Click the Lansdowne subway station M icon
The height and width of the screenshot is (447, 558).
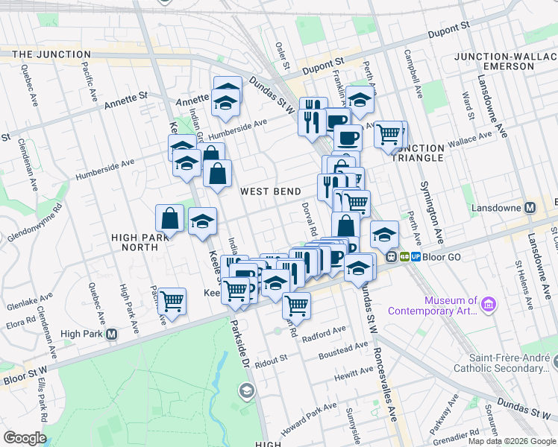530,208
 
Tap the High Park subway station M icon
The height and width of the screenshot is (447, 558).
111,335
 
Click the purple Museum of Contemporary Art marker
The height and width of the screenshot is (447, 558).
489,304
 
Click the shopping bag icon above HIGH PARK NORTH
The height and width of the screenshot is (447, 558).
170,218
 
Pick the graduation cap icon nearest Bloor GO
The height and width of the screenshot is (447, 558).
384,235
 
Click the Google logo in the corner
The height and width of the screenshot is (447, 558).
25,438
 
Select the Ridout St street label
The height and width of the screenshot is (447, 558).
271,359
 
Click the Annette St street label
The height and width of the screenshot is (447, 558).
127,98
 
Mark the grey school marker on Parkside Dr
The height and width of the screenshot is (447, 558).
246,390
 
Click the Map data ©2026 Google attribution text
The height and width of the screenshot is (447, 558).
511,440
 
